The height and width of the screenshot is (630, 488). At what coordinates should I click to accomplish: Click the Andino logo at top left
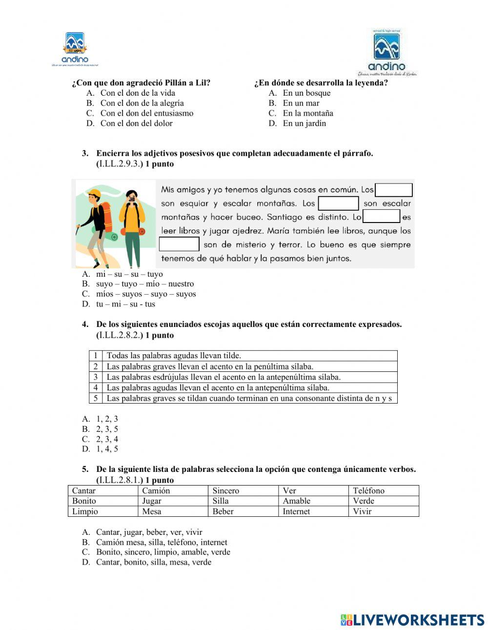click(x=75, y=49)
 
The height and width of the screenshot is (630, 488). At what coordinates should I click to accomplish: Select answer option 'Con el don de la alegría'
click(x=142, y=103)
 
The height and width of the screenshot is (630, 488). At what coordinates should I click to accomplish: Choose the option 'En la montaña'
click(x=308, y=113)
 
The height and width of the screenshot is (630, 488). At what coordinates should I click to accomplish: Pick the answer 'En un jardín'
click(x=304, y=123)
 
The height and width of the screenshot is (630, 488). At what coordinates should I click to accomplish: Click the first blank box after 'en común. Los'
click(x=394, y=190)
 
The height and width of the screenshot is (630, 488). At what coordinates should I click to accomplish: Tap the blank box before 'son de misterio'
click(x=179, y=244)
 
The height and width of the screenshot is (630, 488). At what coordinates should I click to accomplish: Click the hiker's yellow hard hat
click(x=95, y=194)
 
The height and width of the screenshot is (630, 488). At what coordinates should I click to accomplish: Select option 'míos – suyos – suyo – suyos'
click(x=146, y=294)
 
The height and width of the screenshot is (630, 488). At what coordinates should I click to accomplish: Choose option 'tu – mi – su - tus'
click(x=125, y=304)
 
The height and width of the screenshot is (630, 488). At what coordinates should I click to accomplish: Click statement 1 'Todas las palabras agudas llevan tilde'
click(x=174, y=356)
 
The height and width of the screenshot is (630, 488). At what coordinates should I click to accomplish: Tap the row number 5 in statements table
click(x=96, y=398)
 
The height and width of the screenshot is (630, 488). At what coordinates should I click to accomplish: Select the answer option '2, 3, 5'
click(x=107, y=429)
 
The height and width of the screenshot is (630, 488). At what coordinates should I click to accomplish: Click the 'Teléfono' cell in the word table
click(x=368, y=490)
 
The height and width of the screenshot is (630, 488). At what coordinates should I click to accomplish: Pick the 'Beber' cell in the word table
click(x=223, y=511)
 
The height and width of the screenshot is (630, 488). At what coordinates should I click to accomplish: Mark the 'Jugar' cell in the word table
click(x=152, y=501)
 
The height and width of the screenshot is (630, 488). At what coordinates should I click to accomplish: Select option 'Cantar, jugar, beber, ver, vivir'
click(x=149, y=532)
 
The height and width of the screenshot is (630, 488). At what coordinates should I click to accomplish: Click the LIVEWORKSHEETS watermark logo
click(x=412, y=620)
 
